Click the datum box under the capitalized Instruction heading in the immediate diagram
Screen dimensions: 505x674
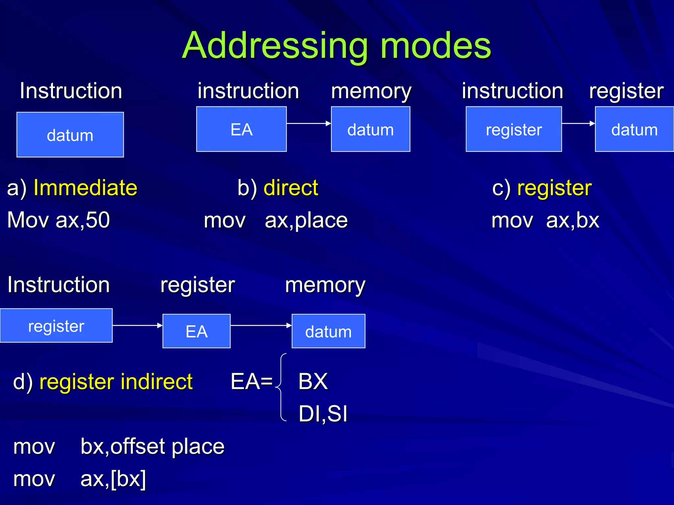(x=70, y=135)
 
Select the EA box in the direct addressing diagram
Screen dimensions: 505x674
(x=241, y=129)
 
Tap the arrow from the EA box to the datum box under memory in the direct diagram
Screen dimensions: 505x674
(x=308, y=123)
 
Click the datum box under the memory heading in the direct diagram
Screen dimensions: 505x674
(x=370, y=129)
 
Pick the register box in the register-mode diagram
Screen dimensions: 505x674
(x=513, y=129)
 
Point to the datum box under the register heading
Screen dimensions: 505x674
(x=634, y=129)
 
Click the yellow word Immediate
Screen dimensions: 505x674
(x=85, y=188)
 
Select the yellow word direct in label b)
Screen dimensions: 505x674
(x=291, y=188)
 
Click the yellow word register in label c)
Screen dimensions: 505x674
(x=554, y=188)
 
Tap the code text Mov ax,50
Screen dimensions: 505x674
(x=58, y=220)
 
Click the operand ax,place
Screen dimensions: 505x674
(x=306, y=220)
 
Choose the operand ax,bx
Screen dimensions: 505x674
(x=572, y=220)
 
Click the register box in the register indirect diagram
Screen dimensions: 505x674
(x=56, y=325)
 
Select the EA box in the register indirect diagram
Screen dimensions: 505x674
(x=196, y=331)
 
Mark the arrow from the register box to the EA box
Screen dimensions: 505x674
(x=137, y=325)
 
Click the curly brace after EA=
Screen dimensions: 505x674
(x=281, y=387)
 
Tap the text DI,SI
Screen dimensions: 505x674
(x=323, y=414)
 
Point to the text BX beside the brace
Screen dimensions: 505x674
(x=313, y=381)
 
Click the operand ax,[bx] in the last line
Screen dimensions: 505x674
(x=113, y=479)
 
